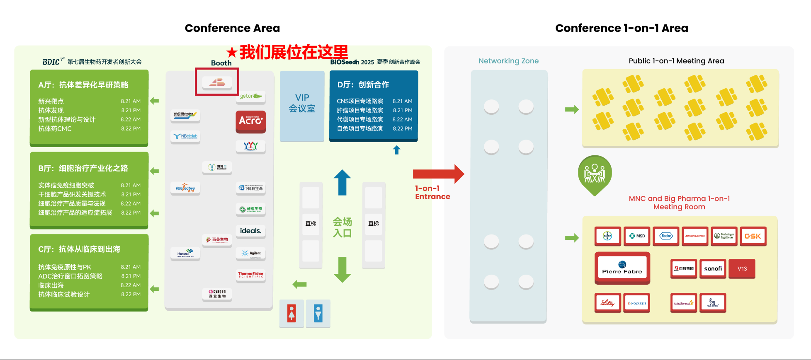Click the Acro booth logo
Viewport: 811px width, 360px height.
tap(250, 121)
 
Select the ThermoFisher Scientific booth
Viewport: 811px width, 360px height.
tap(250, 275)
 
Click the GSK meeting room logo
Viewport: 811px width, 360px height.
tap(753, 236)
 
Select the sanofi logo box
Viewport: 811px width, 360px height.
tap(713, 268)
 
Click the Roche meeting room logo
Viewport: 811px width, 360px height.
tap(666, 236)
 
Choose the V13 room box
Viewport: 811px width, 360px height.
tap(742, 268)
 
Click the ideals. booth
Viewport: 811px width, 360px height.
tap(250, 231)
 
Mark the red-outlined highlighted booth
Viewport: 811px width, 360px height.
tap(217, 82)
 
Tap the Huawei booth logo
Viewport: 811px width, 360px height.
tap(185, 253)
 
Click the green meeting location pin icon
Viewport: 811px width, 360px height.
tap(595, 174)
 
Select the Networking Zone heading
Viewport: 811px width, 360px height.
tap(508, 61)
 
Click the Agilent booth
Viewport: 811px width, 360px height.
tap(250, 253)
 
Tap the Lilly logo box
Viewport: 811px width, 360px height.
tap(607, 303)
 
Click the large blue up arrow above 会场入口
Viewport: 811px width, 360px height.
tap(342, 182)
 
